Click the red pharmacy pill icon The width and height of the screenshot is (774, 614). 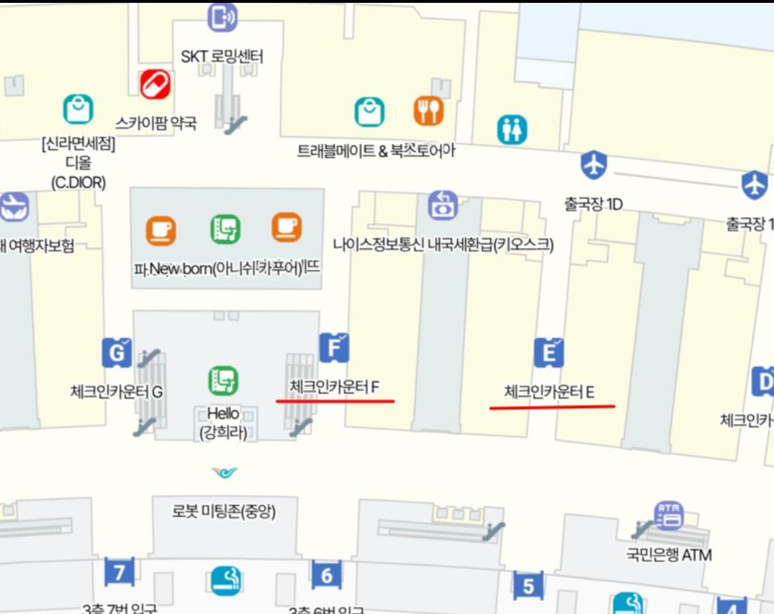[x=154, y=85]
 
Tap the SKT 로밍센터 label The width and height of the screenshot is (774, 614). [x=221, y=56]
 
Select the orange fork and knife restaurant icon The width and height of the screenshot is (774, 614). [x=429, y=110]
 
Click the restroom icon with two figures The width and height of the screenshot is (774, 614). [x=512, y=130]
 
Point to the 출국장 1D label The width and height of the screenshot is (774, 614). [x=593, y=205]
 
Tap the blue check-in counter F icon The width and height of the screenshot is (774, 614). [x=334, y=348]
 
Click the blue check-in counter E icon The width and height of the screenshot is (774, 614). [x=549, y=352]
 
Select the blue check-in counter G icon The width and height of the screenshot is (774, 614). [x=116, y=352]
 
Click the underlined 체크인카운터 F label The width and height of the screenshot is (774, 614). [x=334, y=387]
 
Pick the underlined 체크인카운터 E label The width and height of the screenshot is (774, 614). [x=549, y=392]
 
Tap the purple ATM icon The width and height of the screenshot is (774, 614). [x=669, y=516]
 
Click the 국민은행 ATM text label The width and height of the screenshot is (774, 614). [x=669, y=554]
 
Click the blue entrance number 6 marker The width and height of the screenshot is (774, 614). [x=326, y=575]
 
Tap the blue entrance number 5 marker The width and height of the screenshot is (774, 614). [x=528, y=586]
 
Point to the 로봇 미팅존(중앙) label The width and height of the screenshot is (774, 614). [x=224, y=511]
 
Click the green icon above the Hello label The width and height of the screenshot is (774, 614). [x=224, y=380]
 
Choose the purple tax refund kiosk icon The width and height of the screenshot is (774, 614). [x=443, y=206]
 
